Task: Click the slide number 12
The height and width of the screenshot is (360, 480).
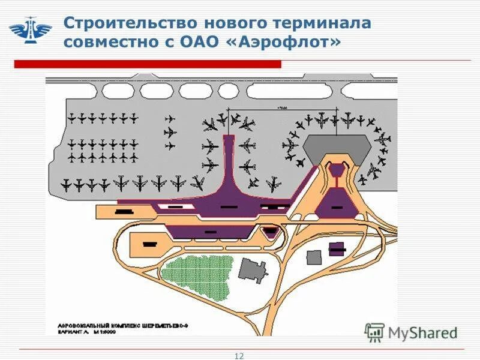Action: [x=239, y=356]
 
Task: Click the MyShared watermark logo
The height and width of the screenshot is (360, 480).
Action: [x=412, y=332]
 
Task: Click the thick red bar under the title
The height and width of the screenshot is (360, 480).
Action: [x=148, y=64]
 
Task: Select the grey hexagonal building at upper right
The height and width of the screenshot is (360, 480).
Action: [x=337, y=148]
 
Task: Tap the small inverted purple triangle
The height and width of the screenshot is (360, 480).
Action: [x=338, y=171]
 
